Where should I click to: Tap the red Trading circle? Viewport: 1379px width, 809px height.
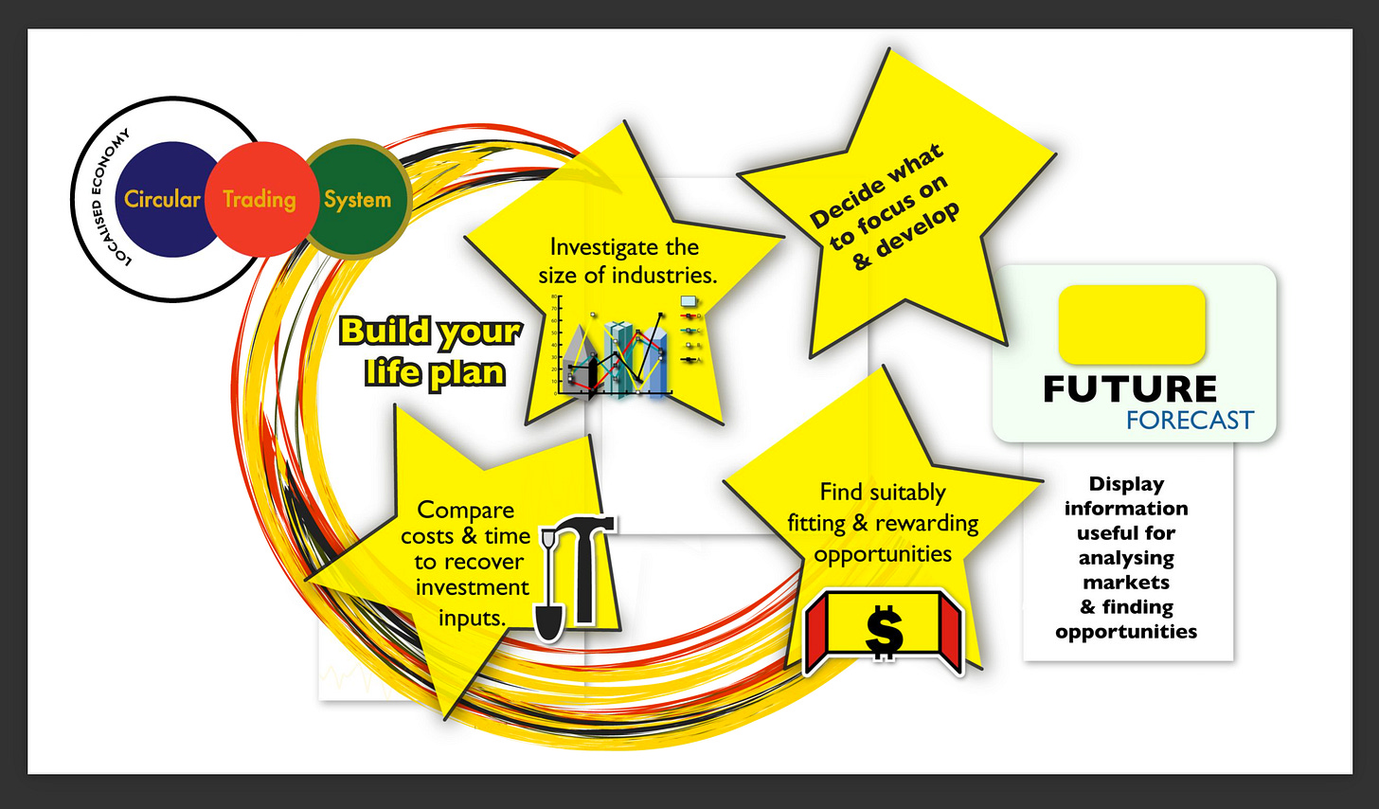(x=260, y=199)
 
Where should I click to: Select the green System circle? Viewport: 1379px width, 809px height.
(x=357, y=199)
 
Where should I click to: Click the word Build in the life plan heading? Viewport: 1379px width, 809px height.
(x=384, y=332)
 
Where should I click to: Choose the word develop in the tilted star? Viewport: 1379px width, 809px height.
(x=917, y=229)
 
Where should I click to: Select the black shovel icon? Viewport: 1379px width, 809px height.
(x=548, y=597)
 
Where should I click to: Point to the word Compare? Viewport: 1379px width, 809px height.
(x=465, y=510)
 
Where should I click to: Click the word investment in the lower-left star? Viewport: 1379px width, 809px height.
(x=472, y=587)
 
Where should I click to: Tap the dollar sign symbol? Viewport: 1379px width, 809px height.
(x=884, y=633)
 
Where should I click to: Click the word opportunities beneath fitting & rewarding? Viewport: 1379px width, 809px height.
(x=883, y=554)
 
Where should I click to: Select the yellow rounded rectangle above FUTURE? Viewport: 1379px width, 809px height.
(x=1131, y=324)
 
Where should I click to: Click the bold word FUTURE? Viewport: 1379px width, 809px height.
(x=1130, y=389)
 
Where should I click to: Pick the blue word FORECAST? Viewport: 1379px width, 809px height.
(x=1190, y=421)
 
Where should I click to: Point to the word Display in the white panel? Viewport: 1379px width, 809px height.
(x=1126, y=484)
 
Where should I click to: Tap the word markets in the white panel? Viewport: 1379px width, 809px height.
(x=1126, y=583)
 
